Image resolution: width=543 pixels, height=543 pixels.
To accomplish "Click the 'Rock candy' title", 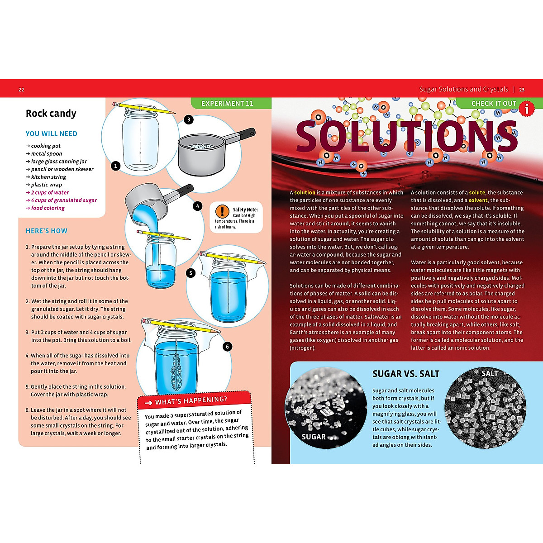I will click(x=51, y=114).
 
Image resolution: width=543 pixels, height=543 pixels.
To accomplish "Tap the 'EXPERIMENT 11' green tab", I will click(x=227, y=104).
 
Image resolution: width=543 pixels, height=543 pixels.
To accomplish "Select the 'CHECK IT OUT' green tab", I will click(x=493, y=104).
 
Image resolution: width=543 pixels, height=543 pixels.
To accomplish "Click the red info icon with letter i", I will click(x=526, y=109).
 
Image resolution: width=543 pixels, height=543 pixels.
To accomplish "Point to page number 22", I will click(x=21, y=90).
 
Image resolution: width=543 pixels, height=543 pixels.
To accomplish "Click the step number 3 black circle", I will click(x=189, y=119).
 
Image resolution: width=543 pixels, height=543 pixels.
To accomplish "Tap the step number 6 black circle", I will click(x=227, y=347).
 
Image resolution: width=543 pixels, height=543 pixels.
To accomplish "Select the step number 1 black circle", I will click(x=115, y=166).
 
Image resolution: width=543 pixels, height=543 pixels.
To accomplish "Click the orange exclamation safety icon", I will click(x=222, y=211).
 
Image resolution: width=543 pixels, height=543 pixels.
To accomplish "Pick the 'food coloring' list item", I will click(x=48, y=208).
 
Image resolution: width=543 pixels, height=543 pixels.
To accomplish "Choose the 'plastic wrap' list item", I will click(x=46, y=185).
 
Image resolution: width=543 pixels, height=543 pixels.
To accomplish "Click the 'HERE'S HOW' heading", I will click(x=46, y=231).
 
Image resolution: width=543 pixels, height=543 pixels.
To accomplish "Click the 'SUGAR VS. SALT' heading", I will click(x=405, y=374).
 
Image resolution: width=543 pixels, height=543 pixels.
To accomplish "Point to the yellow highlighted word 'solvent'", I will click(x=478, y=200).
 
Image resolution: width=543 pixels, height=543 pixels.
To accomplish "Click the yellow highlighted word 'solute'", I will click(x=476, y=192).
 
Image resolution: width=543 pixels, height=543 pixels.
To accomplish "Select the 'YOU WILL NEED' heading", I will click(x=51, y=134).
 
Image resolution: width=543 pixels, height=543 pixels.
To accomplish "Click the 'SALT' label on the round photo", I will click(x=489, y=373).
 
